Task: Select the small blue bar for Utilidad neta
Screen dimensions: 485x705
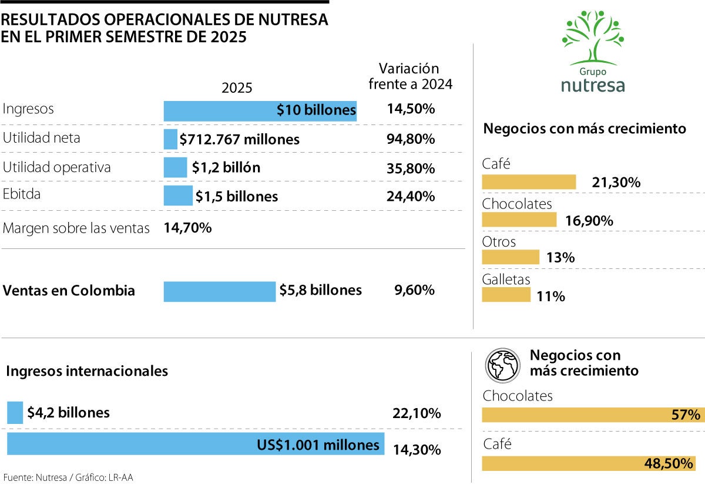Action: pos(170,139)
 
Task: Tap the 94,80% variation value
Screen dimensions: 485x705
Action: pos(411,139)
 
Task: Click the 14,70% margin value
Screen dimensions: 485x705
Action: pos(187,228)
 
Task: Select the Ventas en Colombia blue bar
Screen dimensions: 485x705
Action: pos(219,291)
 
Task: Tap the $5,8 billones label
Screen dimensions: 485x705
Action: pos(320,290)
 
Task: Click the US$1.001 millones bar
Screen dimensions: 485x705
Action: pos(196,444)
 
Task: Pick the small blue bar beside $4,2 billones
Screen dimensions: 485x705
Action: pos(15,412)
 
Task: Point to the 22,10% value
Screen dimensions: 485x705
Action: pos(416,413)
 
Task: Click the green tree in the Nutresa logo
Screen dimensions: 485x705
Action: pos(592,36)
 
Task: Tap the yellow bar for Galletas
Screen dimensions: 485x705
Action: pos(505,295)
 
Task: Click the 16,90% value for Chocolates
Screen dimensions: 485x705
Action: pos(589,221)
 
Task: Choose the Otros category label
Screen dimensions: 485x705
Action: pos(499,241)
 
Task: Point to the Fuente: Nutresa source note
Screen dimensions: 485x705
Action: pos(68,477)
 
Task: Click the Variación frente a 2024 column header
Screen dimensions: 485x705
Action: pos(410,76)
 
